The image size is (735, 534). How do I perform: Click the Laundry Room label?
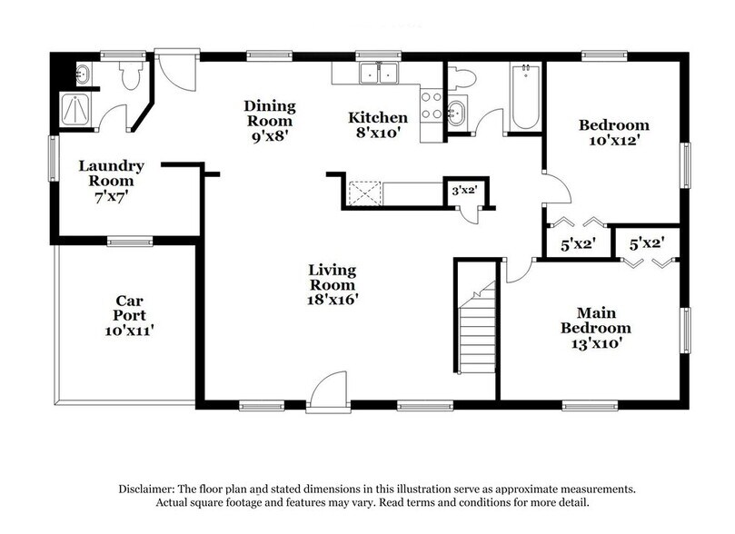pyautogui.click(x=111, y=181)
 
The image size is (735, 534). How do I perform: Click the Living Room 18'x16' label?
pyautogui.click(x=332, y=284)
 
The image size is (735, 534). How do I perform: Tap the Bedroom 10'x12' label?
pyautogui.click(x=614, y=133)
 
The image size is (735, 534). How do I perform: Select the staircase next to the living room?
pyautogui.click(x=475, y=334)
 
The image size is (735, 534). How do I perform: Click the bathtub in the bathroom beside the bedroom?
pyautogui.click(x=524, y=97)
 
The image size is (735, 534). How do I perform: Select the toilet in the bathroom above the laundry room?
pyautogui.click(x=128, y=75)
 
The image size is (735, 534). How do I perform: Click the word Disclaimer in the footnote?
pyautogui.click(x=148, y=489)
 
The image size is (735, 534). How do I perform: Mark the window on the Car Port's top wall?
pyautogui.click(x=129, y=241)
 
